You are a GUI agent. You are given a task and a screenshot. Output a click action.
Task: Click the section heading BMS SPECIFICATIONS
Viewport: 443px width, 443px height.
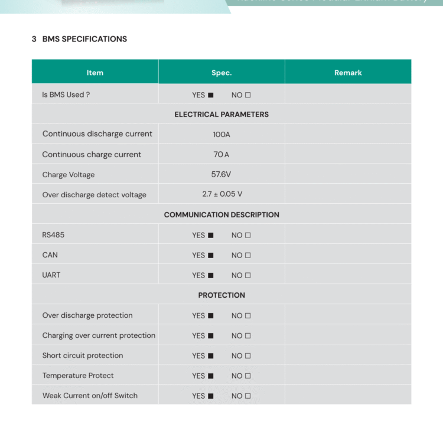tap(84, 39)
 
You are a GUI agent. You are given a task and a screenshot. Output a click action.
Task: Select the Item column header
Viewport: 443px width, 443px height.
tap(95, 73)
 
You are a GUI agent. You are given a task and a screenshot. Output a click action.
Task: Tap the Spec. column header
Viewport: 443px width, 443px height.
tap(221, 73)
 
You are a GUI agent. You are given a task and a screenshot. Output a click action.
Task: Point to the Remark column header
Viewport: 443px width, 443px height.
tap(348, 73)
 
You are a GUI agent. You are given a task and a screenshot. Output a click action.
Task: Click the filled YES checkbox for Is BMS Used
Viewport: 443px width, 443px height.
tap(211, 95)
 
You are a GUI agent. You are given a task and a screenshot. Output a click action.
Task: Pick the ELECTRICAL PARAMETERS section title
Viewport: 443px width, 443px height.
tap(221, 115)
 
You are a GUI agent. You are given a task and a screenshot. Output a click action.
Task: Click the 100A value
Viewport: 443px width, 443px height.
tap(221, 135)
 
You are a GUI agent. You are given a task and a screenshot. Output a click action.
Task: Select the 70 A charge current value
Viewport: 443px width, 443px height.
tap(221, 155)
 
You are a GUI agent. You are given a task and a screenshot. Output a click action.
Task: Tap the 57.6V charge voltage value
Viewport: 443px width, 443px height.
tap(221, 175)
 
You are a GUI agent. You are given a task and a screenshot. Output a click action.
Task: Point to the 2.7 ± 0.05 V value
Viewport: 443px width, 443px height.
tap(222, 194)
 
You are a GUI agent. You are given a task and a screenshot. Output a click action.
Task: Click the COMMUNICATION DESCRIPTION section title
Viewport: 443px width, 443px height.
tap(221, 215)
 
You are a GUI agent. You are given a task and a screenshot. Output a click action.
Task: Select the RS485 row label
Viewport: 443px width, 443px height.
tap(53, 235)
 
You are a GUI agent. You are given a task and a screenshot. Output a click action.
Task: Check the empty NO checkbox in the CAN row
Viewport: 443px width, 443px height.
tap(248, 256)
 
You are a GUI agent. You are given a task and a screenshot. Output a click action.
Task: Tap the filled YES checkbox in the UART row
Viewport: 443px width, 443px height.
tap(211, 276)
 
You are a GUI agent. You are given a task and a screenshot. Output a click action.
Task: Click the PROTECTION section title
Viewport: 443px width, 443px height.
tap(221, 295)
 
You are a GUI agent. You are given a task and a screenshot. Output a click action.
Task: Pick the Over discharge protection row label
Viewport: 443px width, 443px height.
tap(87, 315)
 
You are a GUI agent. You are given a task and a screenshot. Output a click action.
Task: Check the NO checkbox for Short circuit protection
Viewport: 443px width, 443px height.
tap(248, 356)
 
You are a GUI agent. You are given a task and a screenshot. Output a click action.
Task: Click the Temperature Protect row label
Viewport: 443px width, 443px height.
tap(78, 376)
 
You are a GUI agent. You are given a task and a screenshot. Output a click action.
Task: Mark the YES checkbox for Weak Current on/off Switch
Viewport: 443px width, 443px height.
tap(211, 396)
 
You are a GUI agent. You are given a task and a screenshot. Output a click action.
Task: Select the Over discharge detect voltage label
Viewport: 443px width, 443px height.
tap(94, 195)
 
